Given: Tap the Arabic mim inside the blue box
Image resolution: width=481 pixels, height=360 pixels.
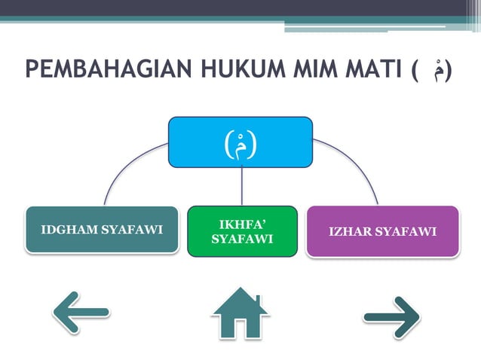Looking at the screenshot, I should [241, 142].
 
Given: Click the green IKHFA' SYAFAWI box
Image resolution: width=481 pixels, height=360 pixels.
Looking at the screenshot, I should [241, 231].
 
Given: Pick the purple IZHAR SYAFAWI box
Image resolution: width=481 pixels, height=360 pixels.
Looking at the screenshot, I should [382, 231].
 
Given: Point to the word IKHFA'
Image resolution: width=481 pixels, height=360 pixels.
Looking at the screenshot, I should [243, 224].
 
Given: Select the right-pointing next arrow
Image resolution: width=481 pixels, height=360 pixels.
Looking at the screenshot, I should [392, 317].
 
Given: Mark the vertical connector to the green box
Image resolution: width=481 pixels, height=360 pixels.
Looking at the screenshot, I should [241, 185].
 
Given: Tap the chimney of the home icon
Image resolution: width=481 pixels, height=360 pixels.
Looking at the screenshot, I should [257, 301].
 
